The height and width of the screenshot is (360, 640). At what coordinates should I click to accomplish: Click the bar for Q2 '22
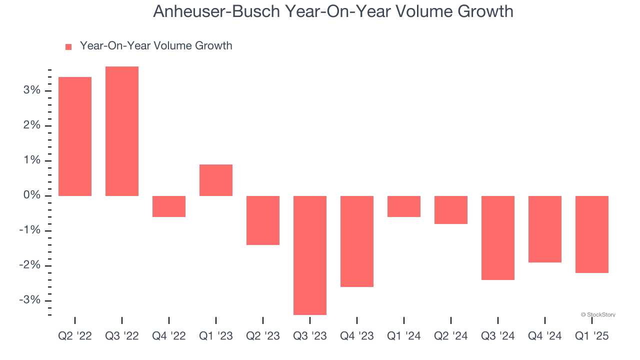[75, 136]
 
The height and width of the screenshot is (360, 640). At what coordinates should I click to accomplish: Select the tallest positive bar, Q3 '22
[122, 131]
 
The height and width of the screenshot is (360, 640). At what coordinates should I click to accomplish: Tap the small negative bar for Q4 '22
[169, 206]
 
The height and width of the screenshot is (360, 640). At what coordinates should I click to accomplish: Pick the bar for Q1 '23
[216, 180]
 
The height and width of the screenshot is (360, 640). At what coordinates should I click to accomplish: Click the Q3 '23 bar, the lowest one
[310, 255]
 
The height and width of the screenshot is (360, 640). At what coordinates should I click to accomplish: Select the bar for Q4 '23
[357, 241]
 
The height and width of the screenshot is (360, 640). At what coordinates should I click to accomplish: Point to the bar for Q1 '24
[404, 206]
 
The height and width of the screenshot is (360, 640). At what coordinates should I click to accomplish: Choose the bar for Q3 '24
[498, 237]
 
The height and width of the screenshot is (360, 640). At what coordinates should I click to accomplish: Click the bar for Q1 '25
[592, 234]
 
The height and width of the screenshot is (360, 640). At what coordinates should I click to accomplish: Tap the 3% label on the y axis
[31, 90]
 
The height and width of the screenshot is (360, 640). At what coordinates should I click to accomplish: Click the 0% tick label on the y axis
[31, 195]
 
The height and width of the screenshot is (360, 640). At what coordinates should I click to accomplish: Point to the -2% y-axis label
[29, 265]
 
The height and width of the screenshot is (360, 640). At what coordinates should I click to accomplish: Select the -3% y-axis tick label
[29, 300]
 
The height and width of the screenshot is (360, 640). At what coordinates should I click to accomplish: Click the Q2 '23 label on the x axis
[263, 336]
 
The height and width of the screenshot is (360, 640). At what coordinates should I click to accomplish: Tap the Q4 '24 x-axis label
[545, 336]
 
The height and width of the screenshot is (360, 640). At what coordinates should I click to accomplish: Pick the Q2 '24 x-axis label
[451, 336]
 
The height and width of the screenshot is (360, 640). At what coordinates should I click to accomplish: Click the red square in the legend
[68, 46]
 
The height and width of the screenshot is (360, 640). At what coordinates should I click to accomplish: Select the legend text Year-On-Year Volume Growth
[156, 46]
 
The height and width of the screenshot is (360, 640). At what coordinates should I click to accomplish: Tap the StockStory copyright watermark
[598, 315]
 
